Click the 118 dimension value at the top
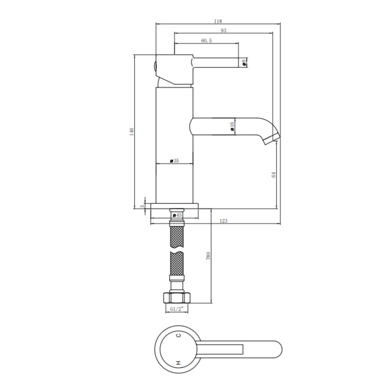218,21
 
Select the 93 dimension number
223,31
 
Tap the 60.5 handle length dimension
206,41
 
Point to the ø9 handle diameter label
244,63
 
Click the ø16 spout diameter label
232,126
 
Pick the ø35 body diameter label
174,161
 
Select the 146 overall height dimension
132,132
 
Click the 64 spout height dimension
274,175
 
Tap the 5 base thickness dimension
142,206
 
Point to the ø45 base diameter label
177,215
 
